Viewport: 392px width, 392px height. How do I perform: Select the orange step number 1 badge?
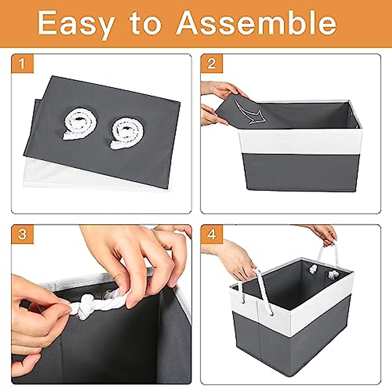coord(22,64)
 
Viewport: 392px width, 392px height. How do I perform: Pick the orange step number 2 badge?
coord(211,64)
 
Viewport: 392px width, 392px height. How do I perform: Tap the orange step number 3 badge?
coord(22,234)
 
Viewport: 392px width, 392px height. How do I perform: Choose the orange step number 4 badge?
coord(211,234)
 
